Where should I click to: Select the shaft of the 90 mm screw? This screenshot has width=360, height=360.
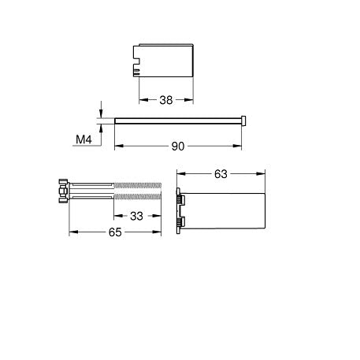[x=177, y=121]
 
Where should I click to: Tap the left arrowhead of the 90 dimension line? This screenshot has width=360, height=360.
[x=118, y=147]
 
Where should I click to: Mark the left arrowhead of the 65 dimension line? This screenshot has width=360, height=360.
[x=72, y=232]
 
